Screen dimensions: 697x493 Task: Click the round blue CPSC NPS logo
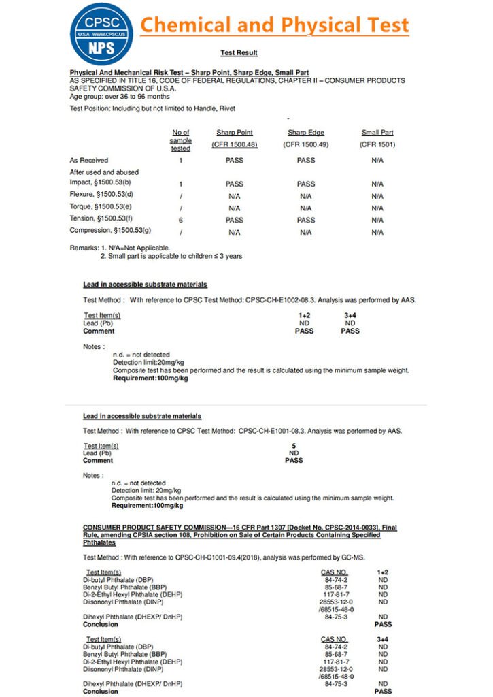pos(102,32)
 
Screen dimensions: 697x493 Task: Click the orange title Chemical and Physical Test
pos(275,26)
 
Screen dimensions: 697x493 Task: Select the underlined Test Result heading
pos(239,52)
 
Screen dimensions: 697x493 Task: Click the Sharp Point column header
pos(235,133)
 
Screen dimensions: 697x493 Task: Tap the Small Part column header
pos(377,133)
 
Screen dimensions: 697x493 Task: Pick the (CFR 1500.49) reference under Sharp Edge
pos(306,144)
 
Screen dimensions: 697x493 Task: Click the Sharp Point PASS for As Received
pos(235,160)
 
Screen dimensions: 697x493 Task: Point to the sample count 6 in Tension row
pos(181,220)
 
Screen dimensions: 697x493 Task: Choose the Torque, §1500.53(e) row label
pos(101,208)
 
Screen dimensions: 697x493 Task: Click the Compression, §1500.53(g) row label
pos(110,231)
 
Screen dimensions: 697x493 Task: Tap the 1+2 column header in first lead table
pos(304,315)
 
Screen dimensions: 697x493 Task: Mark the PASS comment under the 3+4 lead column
pos(350,331)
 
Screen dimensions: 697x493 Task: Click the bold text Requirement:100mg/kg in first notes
pos(150,378)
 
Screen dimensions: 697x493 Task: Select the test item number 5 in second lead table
pos(294,445)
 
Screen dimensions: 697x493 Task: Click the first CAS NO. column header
pos(334,572)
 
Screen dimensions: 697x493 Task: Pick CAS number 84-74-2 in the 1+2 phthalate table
pos(337,580)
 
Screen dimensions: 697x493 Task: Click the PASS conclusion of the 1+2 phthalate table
pos(383,624)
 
